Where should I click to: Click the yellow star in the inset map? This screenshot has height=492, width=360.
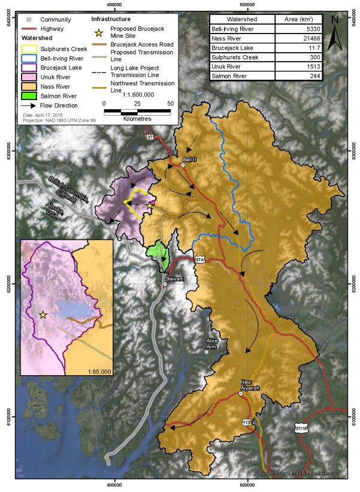tap(43, 314)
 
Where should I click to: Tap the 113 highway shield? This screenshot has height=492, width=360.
tap(246, 422)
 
